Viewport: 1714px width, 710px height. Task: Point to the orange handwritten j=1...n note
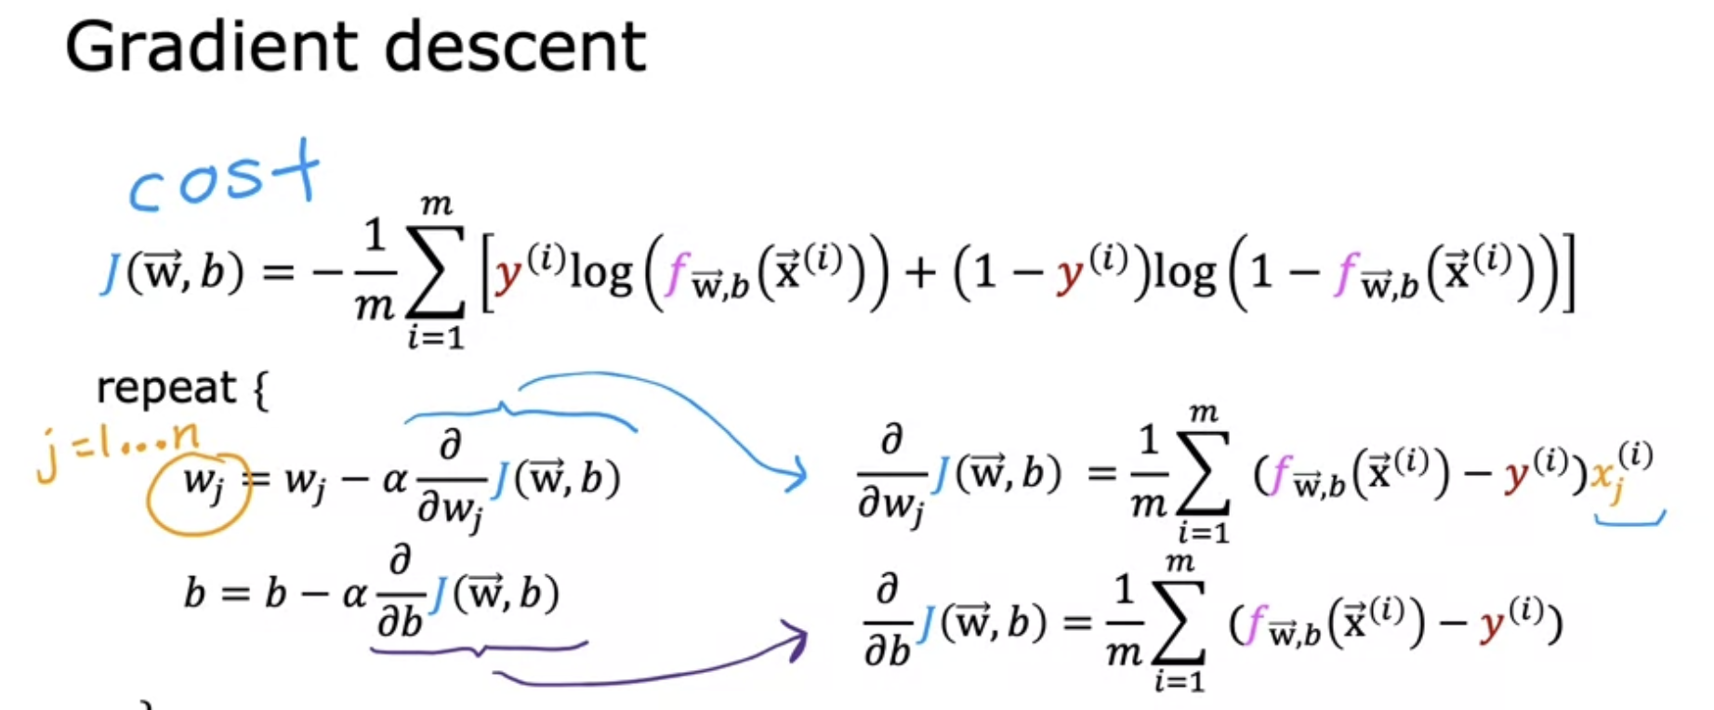(116, 450)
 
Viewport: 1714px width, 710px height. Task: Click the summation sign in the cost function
(435, 271)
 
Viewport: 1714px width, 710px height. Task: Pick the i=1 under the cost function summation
(435, 336)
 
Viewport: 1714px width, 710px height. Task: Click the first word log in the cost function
(600, 273)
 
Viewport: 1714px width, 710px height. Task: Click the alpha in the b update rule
(354, 593)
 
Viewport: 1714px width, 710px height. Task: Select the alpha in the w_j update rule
(395, 480)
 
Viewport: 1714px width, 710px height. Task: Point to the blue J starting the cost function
(111, 272)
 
